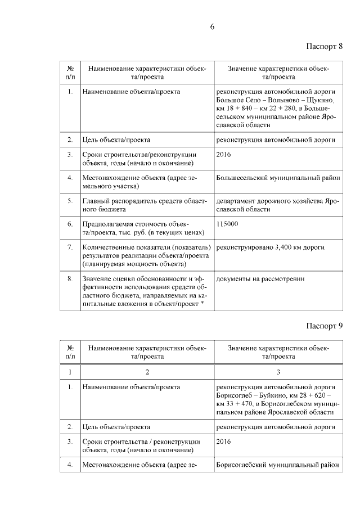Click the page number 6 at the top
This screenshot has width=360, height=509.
[x=213, y=26]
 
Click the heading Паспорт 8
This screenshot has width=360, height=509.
[x=325, y=46]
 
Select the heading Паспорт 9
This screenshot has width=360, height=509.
[x=325, y=326]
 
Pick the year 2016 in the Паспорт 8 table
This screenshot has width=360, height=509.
[x=223, y=154]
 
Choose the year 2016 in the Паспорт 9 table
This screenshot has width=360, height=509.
[x=223, y=442]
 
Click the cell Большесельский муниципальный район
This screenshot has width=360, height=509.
[x=278, y=178]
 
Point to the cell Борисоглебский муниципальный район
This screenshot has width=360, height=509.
[x=278, y=465]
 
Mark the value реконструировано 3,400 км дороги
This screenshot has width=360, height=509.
[x=270, y=247]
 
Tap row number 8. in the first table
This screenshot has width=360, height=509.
[x=70, y=278]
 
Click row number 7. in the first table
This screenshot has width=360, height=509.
[x=70, y=247]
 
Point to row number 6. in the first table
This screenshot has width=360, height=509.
[x=70, y=224]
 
